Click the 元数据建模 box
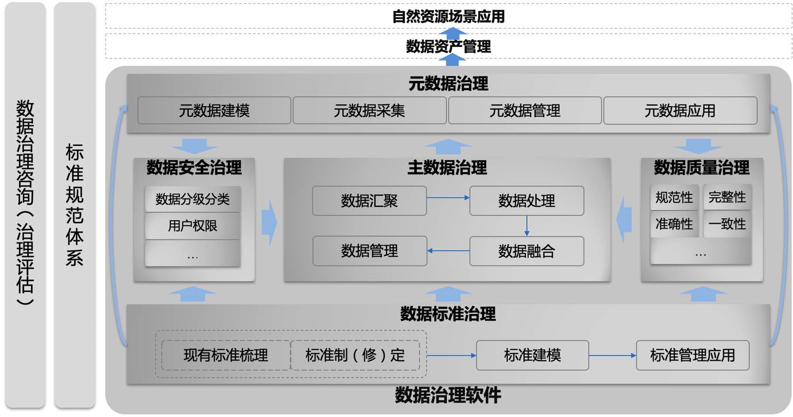click(214, 111)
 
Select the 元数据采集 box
click(369, 111)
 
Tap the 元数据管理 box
click(524, 111)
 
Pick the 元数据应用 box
click(680, 111)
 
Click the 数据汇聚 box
click(369, 201)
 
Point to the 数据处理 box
click(527, 201)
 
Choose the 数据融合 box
click(527, 251)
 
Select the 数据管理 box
click(369, 251)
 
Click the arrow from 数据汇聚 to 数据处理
click(448, 198)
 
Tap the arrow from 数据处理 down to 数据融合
click(527, 226)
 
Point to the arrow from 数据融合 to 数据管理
click(448, 251)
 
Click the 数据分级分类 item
click(193, 199)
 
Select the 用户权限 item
click(193, 226)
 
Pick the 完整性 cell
click(727, 197)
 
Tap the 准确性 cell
click(674, 224)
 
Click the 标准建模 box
click(532, 355)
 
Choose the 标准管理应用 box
click(692, 355)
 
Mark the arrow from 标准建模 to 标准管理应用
click(612, 355)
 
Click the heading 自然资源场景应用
click(448, 17)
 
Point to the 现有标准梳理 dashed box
click(226, 355)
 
